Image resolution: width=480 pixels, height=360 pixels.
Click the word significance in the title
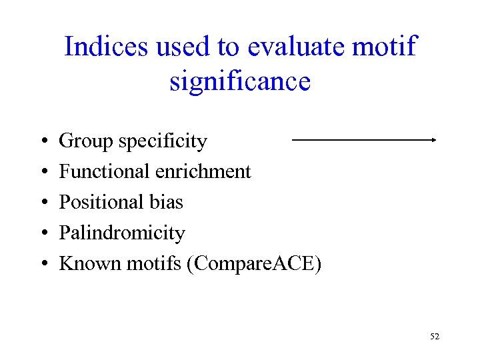(240, 81)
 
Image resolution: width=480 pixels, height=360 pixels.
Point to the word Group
(86, 141)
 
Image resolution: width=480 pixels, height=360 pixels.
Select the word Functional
(104, 171)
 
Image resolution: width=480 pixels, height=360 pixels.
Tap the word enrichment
(203, 171)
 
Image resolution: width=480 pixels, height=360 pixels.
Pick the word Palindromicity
(122, 233)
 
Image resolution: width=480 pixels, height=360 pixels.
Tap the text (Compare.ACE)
(255, 264)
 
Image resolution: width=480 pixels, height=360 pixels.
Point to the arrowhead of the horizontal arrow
(434, 140)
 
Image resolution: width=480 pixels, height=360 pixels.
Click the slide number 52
(435, 337)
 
